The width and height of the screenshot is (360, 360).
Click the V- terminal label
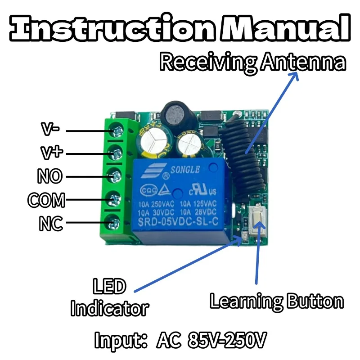tap(50, 129)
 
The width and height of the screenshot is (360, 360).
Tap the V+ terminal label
tap(52, 153)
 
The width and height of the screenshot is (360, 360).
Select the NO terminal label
tap(50, 176)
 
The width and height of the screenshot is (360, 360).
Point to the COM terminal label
tap(46, 200)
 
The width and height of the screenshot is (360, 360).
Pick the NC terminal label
tap(51, 223)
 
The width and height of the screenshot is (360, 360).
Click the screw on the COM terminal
tap(115, 200)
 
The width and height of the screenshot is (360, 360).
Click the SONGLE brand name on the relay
tap(185, 170)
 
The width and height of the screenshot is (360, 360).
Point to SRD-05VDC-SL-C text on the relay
tap(178, 221)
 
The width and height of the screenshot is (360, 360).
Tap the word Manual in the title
tap(285, 28)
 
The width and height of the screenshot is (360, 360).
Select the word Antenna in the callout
tap(303, 62)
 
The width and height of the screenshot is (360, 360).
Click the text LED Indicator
tap(110, 297)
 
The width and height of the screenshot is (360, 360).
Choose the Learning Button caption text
tap(277, 301)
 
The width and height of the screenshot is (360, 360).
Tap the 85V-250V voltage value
tap(227, 340)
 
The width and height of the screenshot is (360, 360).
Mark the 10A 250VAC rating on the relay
tap(156, 204)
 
